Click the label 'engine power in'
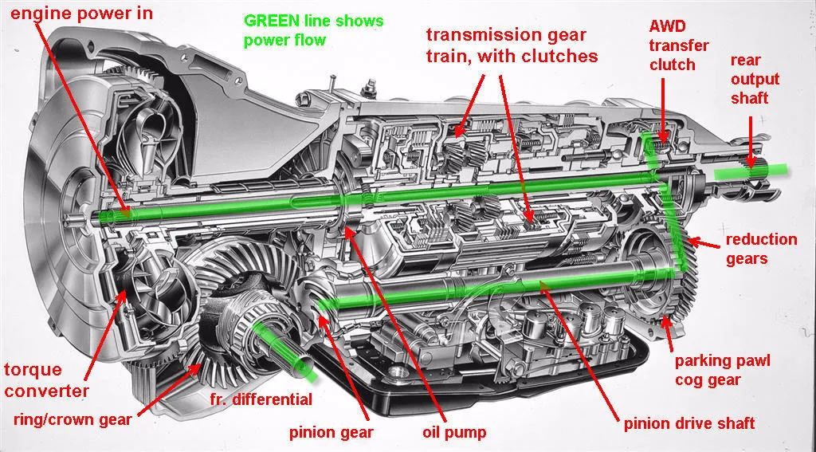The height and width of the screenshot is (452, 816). click(x=82, y=13)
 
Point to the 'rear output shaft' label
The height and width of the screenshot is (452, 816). click(x=755, y=78)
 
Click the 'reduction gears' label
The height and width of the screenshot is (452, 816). click(x=761, y=248)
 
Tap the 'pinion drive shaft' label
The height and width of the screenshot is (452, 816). click(x=689, y=423)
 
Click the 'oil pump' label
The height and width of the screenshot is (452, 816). click(x=453, y=432)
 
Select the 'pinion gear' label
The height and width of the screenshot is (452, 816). click(x=331, y=432)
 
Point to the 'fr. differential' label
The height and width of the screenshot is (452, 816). click(x=261, y=399)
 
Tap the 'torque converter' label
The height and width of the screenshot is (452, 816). click(x=45, y=380)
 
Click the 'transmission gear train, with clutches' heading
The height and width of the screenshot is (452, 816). click(x=512, y=45)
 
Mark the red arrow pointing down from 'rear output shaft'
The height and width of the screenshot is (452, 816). click(x=751, y=140)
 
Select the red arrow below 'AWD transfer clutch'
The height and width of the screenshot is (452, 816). click(x=665, y=109)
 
